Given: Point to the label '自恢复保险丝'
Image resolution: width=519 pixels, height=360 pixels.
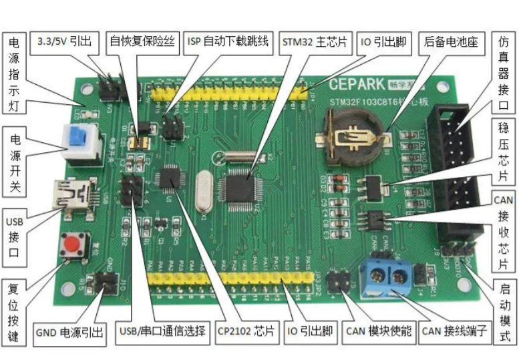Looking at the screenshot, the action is [143, 41].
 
